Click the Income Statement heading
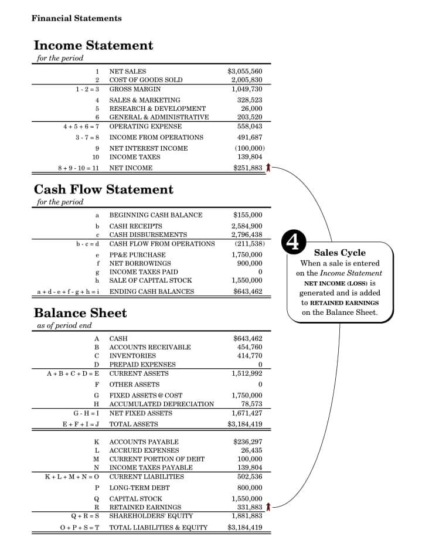pos(93,45)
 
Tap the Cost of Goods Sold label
pos(145,80)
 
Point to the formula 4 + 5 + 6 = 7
pos(81,126)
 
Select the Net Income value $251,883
pos(247,168)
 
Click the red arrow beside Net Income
pos(268,168)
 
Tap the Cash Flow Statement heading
pos(103,189)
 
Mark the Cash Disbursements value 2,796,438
pos(246,235)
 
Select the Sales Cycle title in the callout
pos(339,253)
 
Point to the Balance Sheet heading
pos(80,312)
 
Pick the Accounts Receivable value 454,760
pos(250,347)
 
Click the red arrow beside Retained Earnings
pos(268,507)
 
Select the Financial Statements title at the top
pos(76,18)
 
